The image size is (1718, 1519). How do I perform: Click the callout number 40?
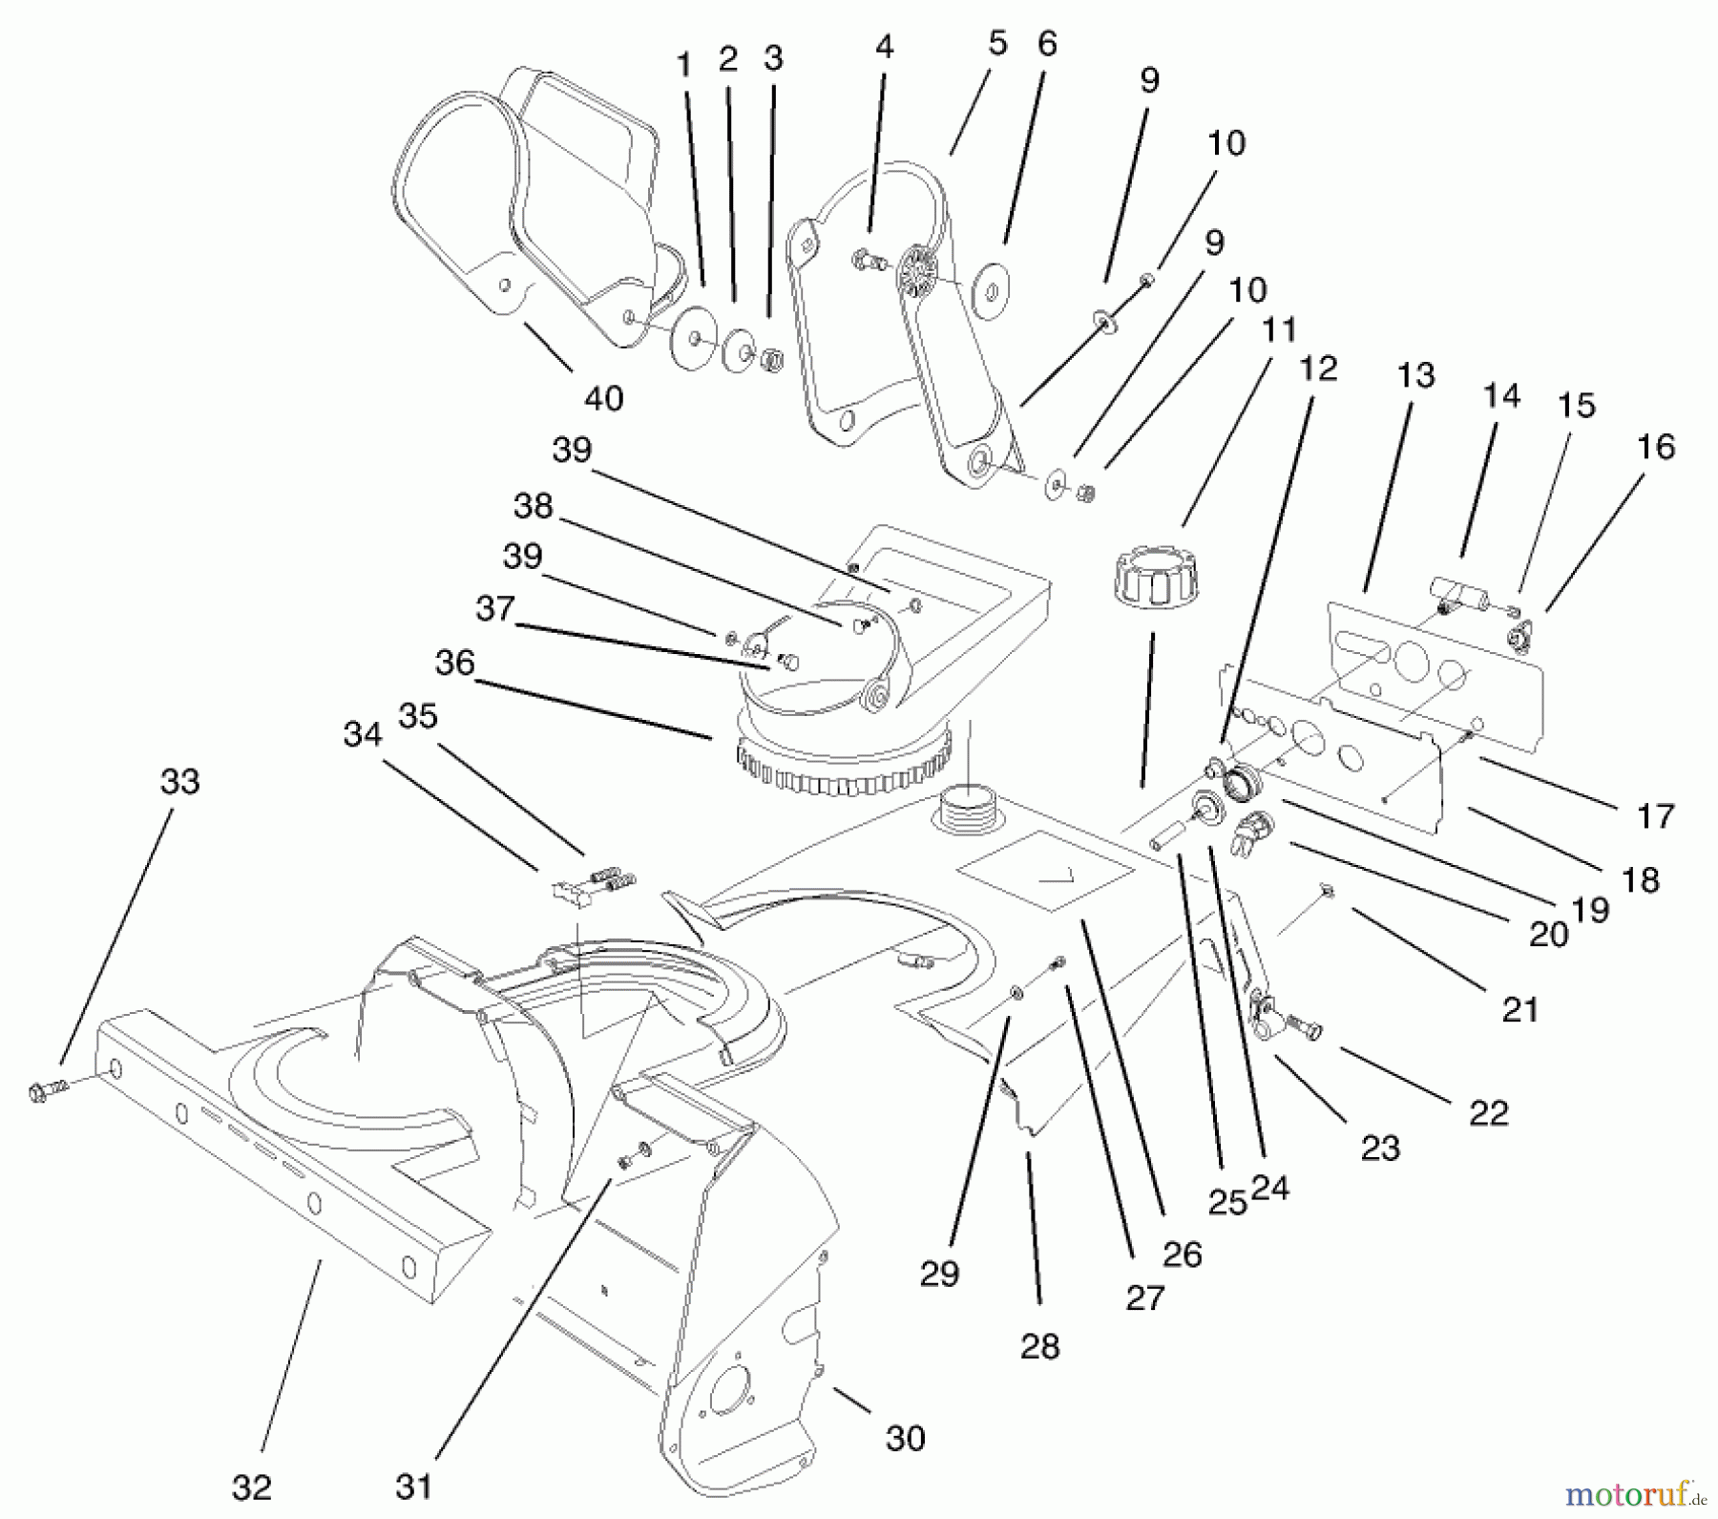tap(603, 398)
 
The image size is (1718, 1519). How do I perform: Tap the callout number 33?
tap(179, 782)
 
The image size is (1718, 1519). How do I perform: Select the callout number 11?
tap(1279, 329)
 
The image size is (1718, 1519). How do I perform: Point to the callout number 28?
tap(1039, 1347)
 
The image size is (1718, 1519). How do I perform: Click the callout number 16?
tap(1656, 447)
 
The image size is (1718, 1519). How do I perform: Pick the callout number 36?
tap(454, 663)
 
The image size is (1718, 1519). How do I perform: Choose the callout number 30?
tap(905, 1438)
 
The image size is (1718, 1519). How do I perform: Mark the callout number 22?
tap(1489, 1113)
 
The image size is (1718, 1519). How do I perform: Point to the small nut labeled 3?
tap(771, 360)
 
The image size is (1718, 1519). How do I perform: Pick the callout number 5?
tap(997, 43)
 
